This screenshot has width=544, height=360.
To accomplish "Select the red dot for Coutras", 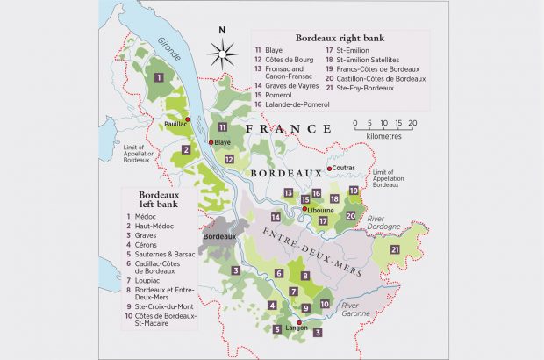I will pos(330,169).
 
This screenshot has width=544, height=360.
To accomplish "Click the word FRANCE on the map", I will pos(283,129).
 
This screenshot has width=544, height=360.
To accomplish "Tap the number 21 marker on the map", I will pos(394,250).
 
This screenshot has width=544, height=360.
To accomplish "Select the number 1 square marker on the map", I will pos(158,78).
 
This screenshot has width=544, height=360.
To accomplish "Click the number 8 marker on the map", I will pos(305,276).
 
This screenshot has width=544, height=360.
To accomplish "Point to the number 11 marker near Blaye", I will pos(223,128).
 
